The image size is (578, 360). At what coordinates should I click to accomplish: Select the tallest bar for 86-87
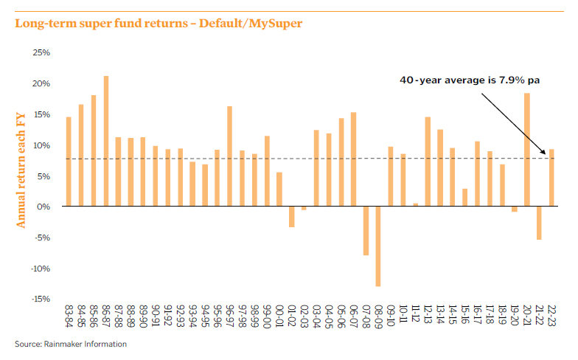[106, 141]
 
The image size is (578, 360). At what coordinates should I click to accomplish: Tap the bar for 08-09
[378, 246]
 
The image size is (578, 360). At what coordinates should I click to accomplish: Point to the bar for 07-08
[366, 231]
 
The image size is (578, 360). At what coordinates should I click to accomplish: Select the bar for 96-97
[230, 156]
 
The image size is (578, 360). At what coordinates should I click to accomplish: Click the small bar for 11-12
[416, 205]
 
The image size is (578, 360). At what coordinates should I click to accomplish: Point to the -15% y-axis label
[40, 299]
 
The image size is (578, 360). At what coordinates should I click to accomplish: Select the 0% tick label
[43, 207]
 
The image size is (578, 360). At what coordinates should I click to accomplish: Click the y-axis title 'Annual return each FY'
[21, 169]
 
